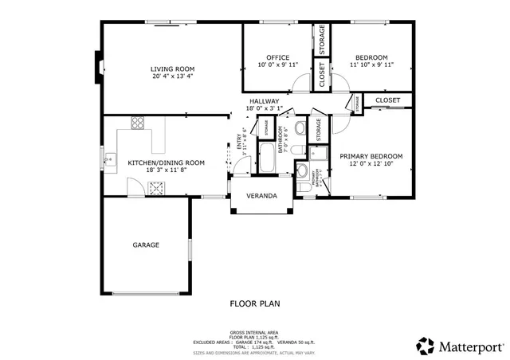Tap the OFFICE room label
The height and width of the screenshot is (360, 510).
click(277, 57)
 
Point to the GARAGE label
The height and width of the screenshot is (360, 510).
click(146, 245)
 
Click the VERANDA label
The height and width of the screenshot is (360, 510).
click(261, 196)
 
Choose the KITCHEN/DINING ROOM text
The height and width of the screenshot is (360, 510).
click(166, 162)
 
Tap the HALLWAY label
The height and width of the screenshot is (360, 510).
click(264, 101)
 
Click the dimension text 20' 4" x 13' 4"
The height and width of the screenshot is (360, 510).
click(172, 79)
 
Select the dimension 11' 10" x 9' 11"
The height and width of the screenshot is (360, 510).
click(371, 65)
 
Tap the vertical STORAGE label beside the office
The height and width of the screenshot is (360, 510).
click(322, 40)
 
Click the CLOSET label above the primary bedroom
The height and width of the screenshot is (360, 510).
click(387, 100)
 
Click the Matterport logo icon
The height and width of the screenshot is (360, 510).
click(425, 345)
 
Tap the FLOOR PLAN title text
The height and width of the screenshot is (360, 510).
click(254, 303)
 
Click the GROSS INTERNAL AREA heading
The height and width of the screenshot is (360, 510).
click(254, 331)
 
